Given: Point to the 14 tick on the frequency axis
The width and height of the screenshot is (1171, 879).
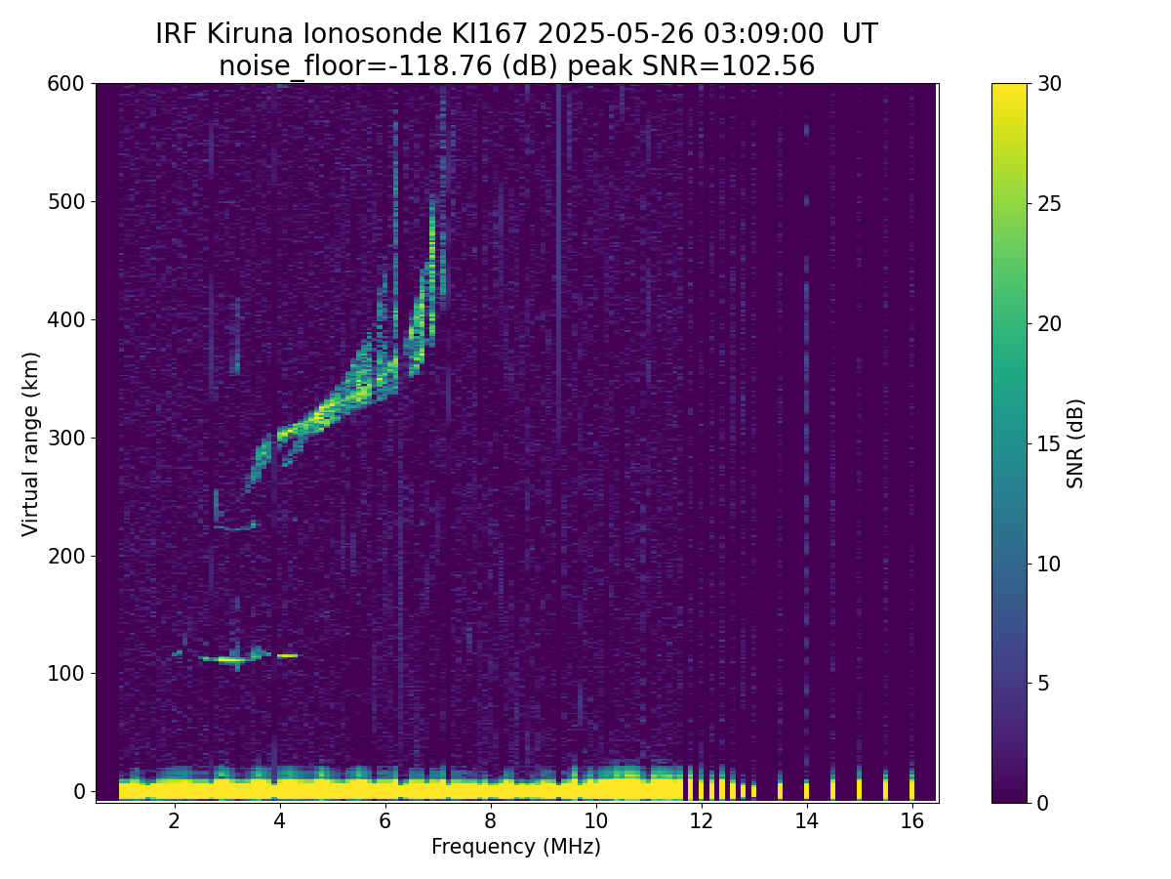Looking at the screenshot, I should point(806,820).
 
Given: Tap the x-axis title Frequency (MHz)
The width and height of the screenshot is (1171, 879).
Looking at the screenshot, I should point(516,847).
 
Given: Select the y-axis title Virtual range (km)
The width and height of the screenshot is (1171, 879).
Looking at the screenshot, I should point(31,443).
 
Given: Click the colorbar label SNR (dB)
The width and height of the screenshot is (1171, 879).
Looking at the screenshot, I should point(1075,443).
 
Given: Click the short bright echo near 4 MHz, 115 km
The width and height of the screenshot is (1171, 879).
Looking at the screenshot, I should point(287,655).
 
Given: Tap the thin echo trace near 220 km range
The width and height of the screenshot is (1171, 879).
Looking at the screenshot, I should point(234,528).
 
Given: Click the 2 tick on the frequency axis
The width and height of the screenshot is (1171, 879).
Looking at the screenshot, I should point(174,820).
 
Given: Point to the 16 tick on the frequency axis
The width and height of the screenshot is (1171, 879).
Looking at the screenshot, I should point(911,820).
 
